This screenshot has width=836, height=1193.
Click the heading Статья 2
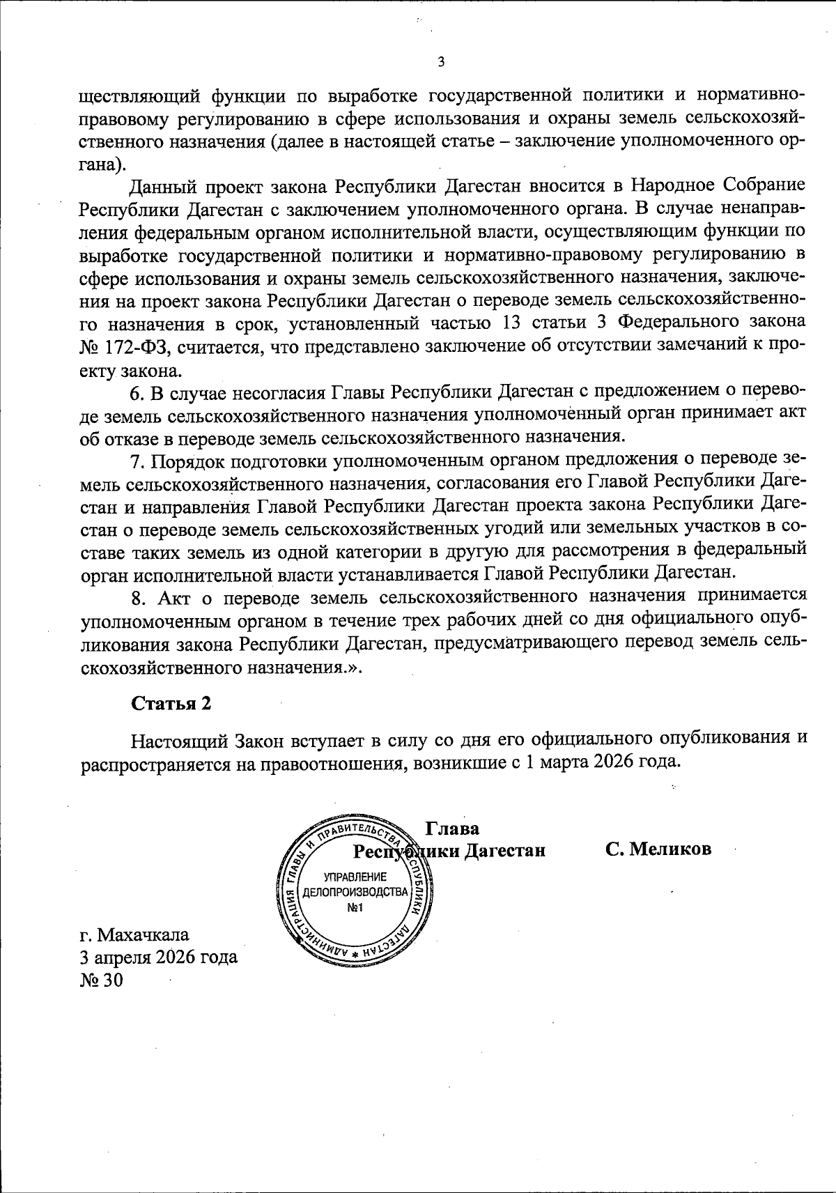(x=171, y=703)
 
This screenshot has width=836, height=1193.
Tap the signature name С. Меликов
(x=658, y=849)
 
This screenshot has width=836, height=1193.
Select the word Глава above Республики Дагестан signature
(x=452, y=829)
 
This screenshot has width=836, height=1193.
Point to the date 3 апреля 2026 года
(x=159, y=957)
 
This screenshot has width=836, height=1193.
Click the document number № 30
(x=102, y=980)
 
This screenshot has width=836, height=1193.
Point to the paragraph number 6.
(x=137, y=392)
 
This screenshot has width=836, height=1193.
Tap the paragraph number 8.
(x=137, y=596)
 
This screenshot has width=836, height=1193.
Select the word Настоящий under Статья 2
(x=180, y=739)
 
